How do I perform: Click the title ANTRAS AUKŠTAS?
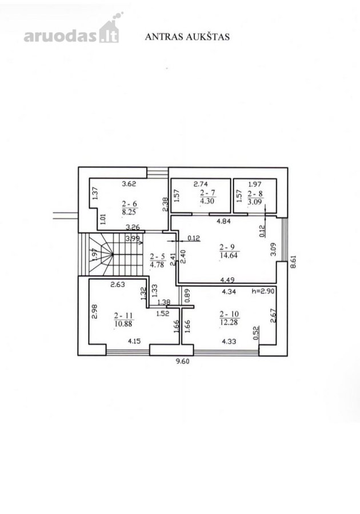(187, 37)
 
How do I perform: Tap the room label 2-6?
(130, 204)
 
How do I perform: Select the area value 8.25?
(129, 212)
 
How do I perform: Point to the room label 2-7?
(207, 193)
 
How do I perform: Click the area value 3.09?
(255, 202)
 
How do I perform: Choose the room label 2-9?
(229, 247)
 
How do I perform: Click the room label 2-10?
(229, 314)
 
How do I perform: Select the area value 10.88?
(123, 324)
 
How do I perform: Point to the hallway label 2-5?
(157, 256)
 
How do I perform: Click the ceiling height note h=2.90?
(263, 291)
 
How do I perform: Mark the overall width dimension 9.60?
(183, 362)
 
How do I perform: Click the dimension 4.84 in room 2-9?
(224, 221)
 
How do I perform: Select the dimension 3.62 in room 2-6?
(129, 184)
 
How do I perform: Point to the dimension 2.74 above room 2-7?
(201, 184)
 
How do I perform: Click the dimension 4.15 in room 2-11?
(134, 342)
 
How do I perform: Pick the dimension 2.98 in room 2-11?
(95, 312)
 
